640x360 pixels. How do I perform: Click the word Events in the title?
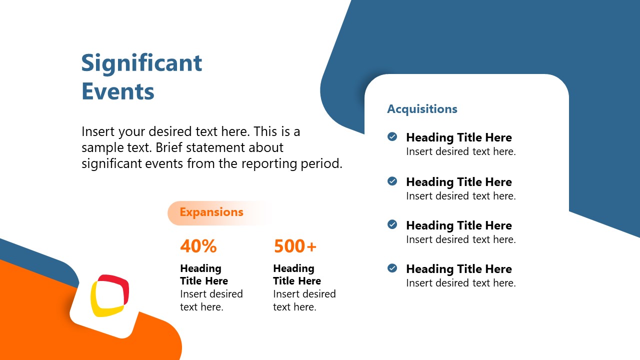pyautogui.click(x=118, y=91)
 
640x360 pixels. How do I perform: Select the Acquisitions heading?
pyautogui.click(x=422, y=109)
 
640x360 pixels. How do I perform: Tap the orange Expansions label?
pyautogui.click(x=211, y=212)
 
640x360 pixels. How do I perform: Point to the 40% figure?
pyautogui.click(x=198, y=246)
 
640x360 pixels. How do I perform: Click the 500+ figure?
pyautogui.click(x=295, y=246)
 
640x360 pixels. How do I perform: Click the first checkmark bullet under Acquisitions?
pyautogui.click(x=392, y=136)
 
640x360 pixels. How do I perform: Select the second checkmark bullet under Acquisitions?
pyautogui.click(x=392, y=181)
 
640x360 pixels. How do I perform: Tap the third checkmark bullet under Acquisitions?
pyautogui.click(x=392, y=224)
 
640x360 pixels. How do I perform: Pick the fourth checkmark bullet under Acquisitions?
pyautogui.click(x=392, y=268)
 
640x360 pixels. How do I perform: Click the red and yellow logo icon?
pyautogui.click(x=109, y=295)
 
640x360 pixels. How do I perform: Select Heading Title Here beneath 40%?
pyautogui.click(x=204, y=274)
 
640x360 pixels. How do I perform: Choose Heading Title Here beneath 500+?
pyautogui.click(x=297, y=274)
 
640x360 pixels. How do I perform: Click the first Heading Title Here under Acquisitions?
pyautogui.click(x=458, y=137)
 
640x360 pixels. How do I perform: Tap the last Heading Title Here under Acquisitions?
pyautogui.click(x=458, y=269)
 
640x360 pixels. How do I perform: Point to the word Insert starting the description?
pyautogui.click(x=98, y=132)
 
